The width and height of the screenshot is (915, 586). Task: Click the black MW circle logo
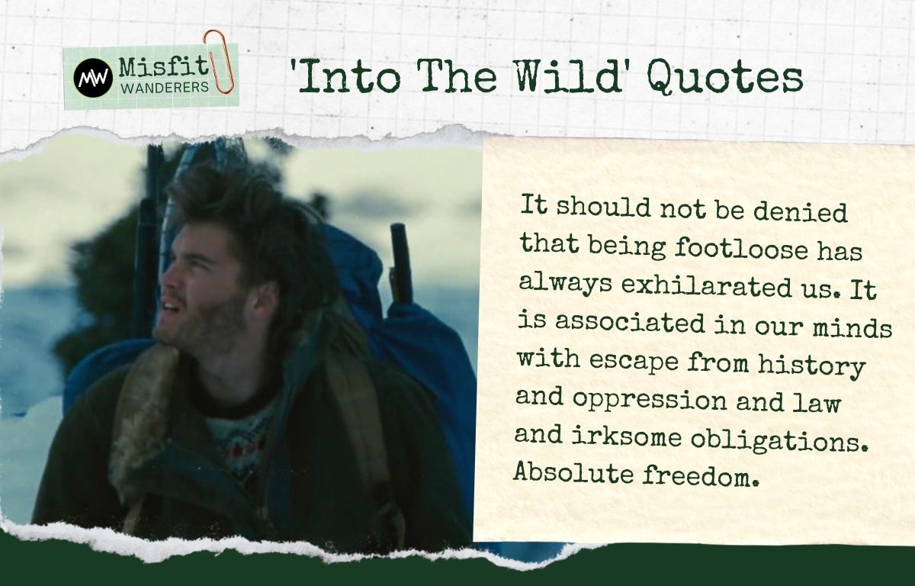[93, 78]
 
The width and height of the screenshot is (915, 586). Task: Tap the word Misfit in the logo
[163, 66]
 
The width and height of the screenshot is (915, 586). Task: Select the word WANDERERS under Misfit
[165, 88]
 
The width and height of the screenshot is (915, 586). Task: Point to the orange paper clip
[220, 61]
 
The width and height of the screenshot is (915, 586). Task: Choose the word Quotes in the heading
[725, 79]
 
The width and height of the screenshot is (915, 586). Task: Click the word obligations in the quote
[779, 439]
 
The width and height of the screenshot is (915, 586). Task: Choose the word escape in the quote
[634, 360]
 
